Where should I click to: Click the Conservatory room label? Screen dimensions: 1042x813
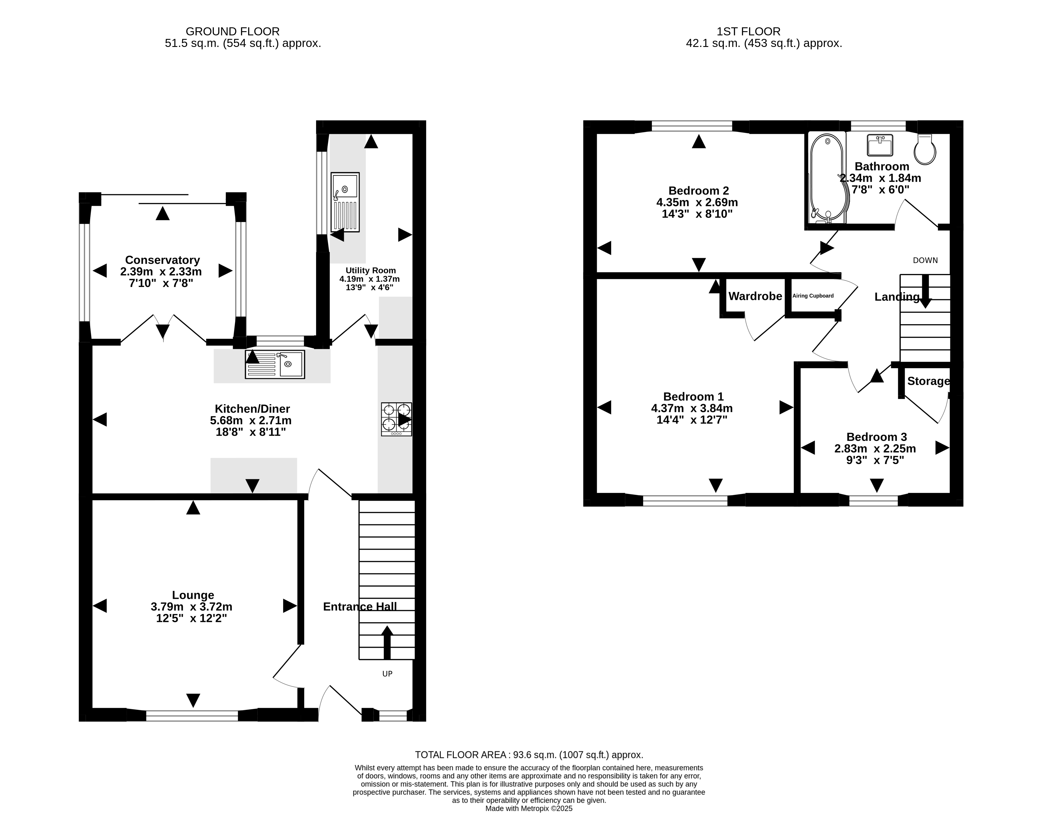[x=162, y=260]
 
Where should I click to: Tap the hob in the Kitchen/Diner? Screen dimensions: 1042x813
[x=396, y=419]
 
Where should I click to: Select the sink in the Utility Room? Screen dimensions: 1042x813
[x=345, y=202]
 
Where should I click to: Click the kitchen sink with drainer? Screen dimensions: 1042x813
[x=275, y=365]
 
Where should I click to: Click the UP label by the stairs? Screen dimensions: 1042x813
[x=387, y=674]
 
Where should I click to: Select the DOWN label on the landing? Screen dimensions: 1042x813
[x=925, y=260]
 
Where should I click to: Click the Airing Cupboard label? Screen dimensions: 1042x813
[x=813, y=296]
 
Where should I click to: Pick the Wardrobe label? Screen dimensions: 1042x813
[x=755, y=296]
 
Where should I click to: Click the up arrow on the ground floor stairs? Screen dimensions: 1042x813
[x=387, y=643]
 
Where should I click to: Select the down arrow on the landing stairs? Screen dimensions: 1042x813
[x=925, y=291]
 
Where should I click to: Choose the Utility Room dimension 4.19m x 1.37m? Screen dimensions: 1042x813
[x=369, y=279]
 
